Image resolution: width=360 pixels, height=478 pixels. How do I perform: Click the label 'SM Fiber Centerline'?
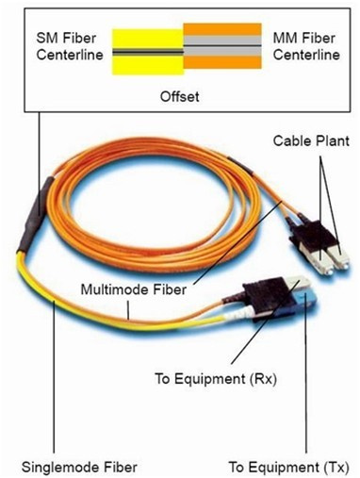(x=70, y=46)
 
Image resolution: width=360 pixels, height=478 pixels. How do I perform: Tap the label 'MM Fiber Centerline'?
(x=306, y=46)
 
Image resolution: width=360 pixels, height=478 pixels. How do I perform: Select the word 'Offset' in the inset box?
(x=179, y=96)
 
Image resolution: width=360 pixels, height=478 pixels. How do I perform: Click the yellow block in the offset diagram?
(x=148, y=52)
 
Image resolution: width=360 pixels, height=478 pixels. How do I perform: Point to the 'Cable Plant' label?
(x=311, y=140)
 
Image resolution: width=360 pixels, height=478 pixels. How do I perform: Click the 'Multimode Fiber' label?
(x=134, y=289)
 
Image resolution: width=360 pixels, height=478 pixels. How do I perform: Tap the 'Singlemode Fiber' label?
(x=79, y=468)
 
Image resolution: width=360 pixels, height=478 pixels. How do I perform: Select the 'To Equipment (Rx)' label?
(x=216, y=379)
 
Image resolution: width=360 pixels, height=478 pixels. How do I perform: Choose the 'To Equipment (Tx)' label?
(x=288, y=468)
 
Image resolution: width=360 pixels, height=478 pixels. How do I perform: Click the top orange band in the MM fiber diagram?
(x=222, y=29)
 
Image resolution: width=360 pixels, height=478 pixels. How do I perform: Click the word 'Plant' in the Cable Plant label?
(x=333, y=140)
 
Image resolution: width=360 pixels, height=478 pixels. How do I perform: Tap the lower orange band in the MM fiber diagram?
(x=222, y=62)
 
